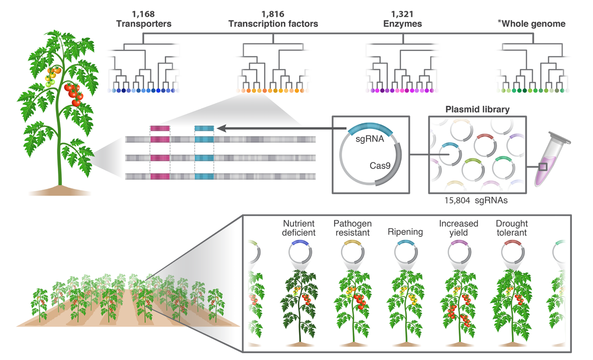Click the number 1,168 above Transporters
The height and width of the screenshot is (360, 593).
click(x=143, y=14)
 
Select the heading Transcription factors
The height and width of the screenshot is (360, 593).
click(x=273, y=24)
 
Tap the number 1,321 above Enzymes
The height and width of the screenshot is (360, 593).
click(x=402, y=14)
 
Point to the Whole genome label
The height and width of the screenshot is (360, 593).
click(x=532, y=23)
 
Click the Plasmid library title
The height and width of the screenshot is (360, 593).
click(x=477, y=109)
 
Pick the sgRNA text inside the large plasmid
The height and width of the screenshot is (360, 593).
click(x=370, y=139)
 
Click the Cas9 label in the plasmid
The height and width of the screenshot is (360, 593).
click(x=380, y=166)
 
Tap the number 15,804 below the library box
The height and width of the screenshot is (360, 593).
click(x=457, y=201)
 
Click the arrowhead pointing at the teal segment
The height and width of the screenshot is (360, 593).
click(x=221, y=129)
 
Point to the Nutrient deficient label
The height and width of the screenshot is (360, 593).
click(x=299, y=228)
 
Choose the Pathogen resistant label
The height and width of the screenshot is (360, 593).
click(x=353, y=228)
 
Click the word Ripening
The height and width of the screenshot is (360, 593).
click(x=405, y=232)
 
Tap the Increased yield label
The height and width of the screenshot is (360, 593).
click(x=458, y=228)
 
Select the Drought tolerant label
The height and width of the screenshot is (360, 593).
click(x=512, y=228)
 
